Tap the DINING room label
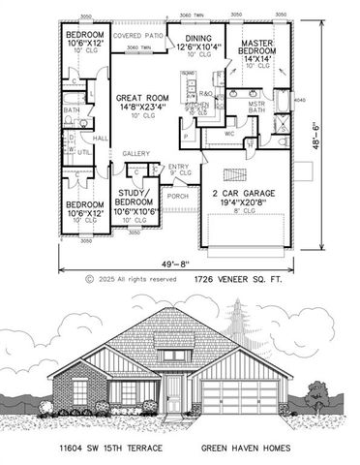click(198, 39)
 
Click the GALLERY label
click(135, 154)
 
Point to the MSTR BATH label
click(256, 108)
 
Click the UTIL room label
click(86, 152)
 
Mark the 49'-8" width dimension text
click(175, 261)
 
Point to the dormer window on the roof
click(174, 356)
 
